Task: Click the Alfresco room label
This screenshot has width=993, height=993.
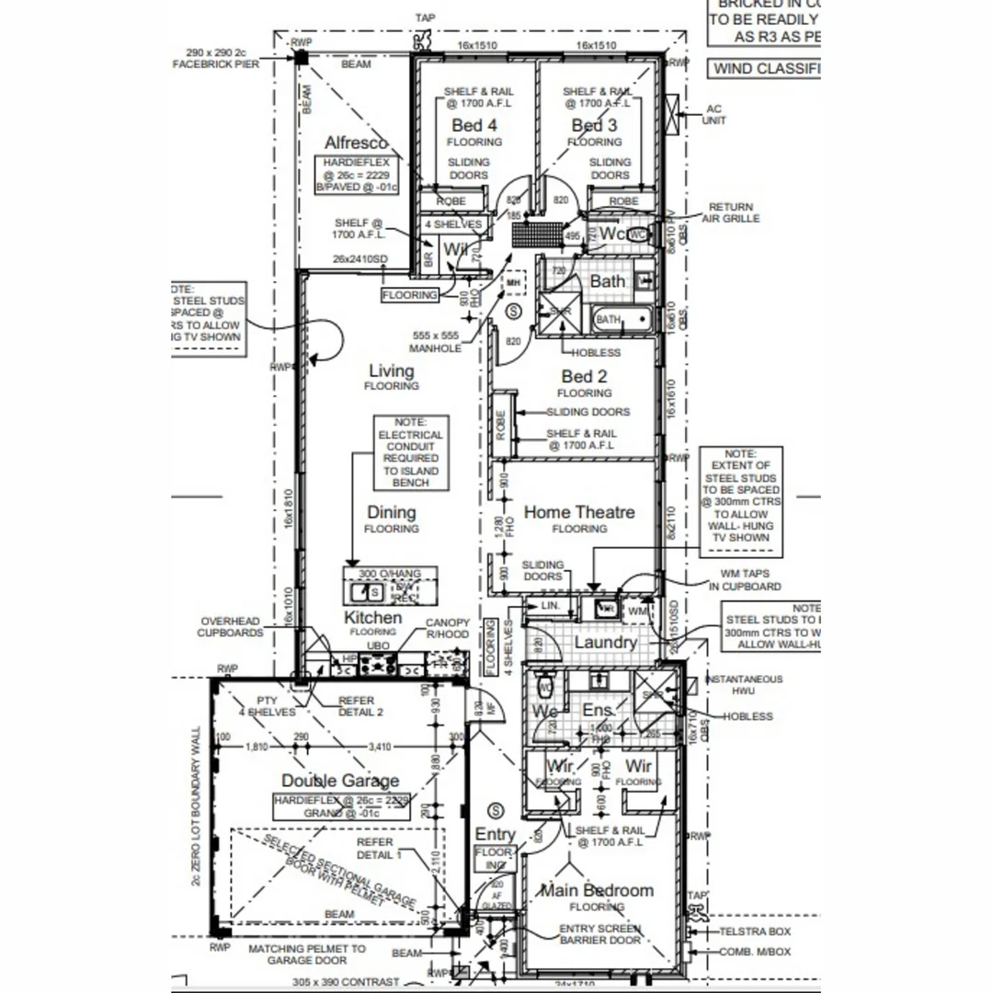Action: click(x=356, y=143)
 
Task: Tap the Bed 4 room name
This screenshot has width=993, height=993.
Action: click(x=474, y=125)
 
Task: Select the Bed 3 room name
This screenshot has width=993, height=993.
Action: click(x=594, y=125)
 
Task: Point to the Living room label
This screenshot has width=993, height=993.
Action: click(x=392, y=371)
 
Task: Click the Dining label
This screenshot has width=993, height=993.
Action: click(x=392, y=512)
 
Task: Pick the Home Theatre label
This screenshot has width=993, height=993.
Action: click(x=579, y=512)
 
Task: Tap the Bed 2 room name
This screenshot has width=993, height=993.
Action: click(x=584, y=376)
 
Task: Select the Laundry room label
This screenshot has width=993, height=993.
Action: click(x=605, y=642)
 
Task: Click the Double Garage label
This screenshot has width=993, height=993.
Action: click(x=340, y=781)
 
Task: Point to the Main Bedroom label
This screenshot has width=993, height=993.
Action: click(x=597, y=890)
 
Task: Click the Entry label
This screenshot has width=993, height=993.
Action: click(x=495, y=834)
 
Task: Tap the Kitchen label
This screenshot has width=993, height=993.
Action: click(x=372, y=617)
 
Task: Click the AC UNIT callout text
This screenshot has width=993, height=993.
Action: click(x=713, y=114)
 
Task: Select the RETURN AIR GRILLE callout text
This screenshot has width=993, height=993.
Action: click(x=731, y=213)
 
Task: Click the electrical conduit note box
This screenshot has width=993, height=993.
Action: click(x=410, y=452)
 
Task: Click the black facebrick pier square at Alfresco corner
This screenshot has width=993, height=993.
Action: click(x=301, y=58)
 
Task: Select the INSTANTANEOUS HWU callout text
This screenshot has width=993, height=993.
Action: click(x=744, y=685)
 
